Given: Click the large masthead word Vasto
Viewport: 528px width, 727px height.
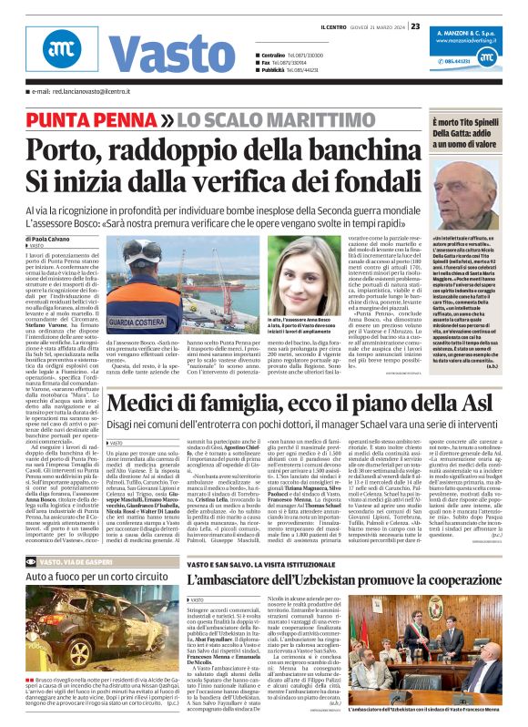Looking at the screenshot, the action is point(157,51).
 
